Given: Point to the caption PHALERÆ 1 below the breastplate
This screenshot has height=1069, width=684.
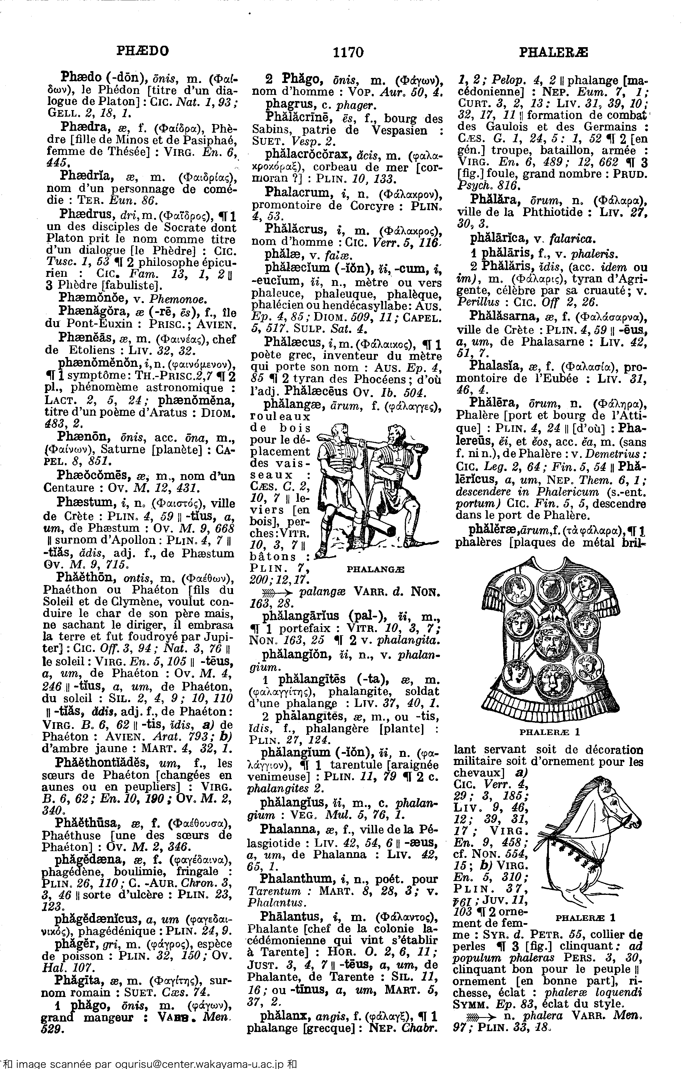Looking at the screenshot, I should (x=549, y=731).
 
